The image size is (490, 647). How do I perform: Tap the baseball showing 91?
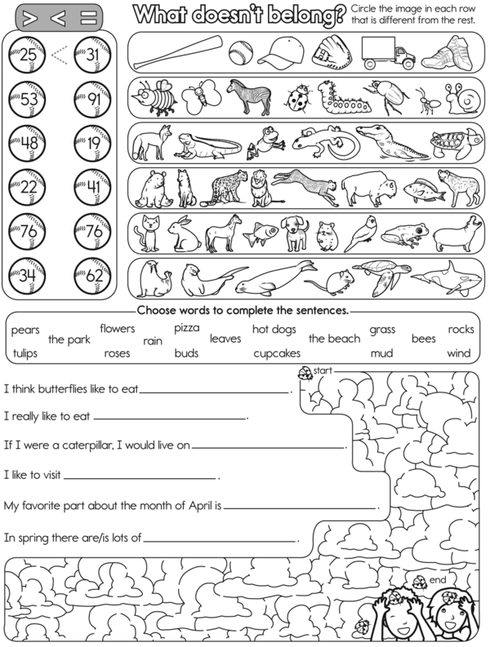pyautogui.click(x=89, y=101)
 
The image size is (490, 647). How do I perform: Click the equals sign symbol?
pyautogui.click(x=91, y=17)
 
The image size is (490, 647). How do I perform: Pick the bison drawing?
pyautogui.click(x=364, y=188)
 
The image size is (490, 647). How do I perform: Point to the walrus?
pyautogui.click(x=152, y=278)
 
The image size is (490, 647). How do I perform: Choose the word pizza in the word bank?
pyautogui.click(x=185, y=328)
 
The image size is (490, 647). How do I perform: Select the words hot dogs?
pyautogui.click(x=274, y=330)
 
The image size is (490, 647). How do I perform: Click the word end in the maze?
pyautogui.click(x=437, y=578)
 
